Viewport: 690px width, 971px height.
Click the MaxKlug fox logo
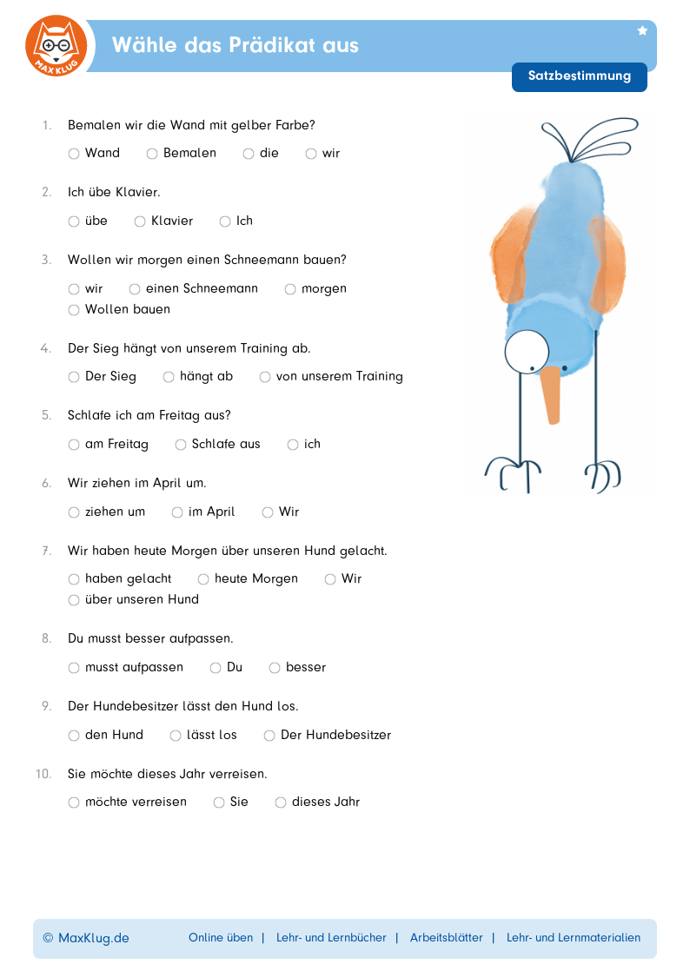click(x=56, y=46)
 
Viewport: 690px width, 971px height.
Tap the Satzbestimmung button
click(x=580, y=76)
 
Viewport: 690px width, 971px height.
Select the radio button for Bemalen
click(x=152, y=154)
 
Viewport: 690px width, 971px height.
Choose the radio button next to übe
click(x=74, y=221)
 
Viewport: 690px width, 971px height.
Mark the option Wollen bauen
click(x=74, y=310)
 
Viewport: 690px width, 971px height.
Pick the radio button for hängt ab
click(x=169, y=377)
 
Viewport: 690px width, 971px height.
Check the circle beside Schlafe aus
click(x=181, y=445)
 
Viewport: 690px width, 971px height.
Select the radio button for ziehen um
click(x=74, y=512)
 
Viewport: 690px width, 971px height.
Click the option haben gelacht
click(x=74, y=579)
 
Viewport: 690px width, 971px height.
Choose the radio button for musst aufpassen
click(x=74, y=668)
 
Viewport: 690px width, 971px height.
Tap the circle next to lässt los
click(x=176, y=736)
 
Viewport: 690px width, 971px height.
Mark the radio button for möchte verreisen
click(x=74, y=803)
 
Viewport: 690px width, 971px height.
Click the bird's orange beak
click(x=551, y=395)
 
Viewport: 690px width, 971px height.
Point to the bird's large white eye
click(x=526, y=349)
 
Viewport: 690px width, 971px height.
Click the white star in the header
click(x=642, y=30)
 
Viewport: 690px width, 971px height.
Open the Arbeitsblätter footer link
click(x=447, y=938)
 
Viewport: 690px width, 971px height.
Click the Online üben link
click(x=221, y=938)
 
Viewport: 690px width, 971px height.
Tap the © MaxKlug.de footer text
click(x=86, y=938)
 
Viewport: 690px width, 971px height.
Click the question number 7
click(x=46, y=551)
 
